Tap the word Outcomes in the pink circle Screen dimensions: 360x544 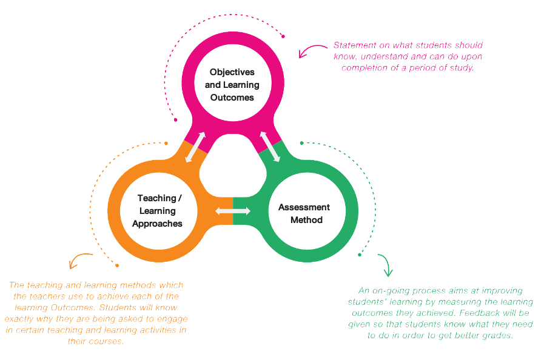(232, 97)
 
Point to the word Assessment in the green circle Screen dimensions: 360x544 (304, 207)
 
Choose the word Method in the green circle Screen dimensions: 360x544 (306, 220)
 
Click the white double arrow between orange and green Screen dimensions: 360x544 (233, 211)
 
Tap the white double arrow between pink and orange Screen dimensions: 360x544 (195, 147)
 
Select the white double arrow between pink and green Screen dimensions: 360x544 (270, 146)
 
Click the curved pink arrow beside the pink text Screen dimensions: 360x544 (310, 50)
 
